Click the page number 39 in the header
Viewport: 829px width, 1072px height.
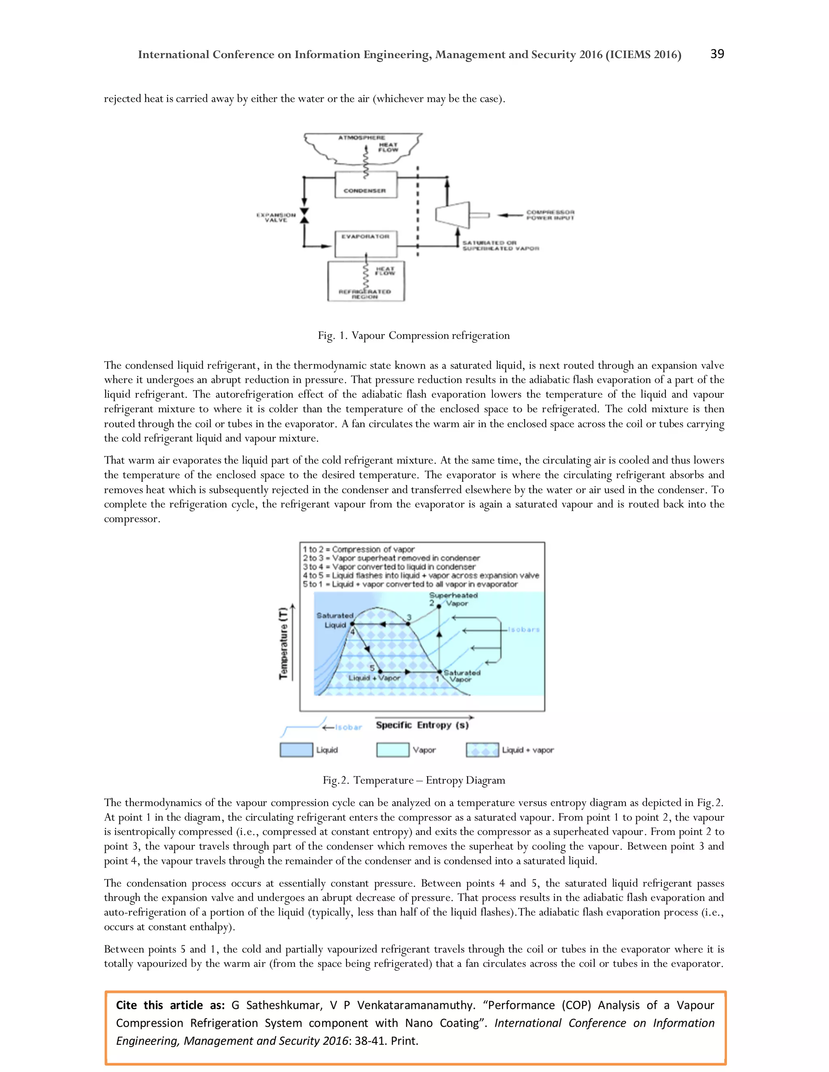tap(716, 54)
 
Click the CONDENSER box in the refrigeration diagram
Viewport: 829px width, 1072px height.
tap(366, 184)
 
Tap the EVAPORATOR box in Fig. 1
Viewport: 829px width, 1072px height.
tap(366, 244)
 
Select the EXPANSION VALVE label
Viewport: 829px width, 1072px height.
tap(276, 218)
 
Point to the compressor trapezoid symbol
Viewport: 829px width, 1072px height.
tap(452, 214)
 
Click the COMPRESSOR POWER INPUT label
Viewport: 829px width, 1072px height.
tap(550, 215)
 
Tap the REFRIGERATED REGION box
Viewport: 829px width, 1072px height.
tap(366, 281)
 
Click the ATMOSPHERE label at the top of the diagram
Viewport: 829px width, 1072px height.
tap(361, 138)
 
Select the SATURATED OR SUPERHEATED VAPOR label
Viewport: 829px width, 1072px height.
tap(500, 246)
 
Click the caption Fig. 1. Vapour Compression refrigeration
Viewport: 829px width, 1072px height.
tap(414, 335)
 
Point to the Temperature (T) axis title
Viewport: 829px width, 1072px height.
tap(283, 643)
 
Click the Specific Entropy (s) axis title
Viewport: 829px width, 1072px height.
tap(422, 725)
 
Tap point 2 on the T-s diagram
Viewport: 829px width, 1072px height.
tap(438, 607)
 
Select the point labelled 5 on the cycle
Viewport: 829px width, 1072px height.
tap(379, 672)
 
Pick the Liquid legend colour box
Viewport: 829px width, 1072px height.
tap(296, 750)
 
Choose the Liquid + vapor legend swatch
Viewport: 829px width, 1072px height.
tap(482, 750)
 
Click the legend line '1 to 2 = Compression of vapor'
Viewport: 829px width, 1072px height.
tap(359, 549)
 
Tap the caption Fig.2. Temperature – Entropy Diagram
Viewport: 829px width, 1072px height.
tap(414, 780)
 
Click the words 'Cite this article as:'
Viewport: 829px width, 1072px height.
tap(170, 1005)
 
